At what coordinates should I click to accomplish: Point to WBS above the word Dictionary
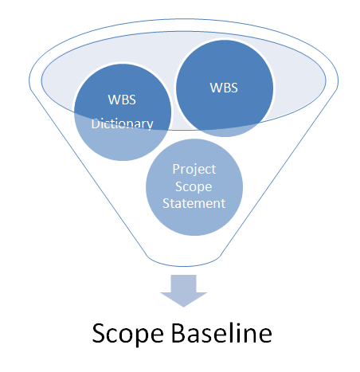121,101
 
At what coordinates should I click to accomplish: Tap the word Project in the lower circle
194,169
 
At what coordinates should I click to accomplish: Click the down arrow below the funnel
179,290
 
